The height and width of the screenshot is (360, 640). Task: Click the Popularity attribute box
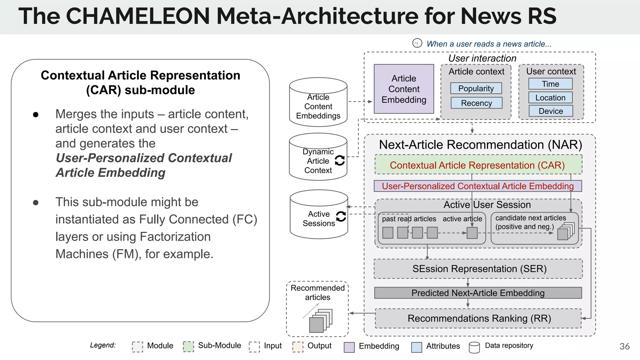476,88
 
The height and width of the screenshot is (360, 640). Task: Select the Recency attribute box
476,103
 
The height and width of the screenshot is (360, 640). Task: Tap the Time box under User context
550,84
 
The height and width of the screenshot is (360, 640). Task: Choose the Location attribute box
550,97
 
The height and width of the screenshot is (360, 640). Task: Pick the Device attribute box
551,111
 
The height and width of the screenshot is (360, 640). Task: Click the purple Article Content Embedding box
404,89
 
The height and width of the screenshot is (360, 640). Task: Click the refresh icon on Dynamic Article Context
340,160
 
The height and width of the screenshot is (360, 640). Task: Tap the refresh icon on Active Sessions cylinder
341,216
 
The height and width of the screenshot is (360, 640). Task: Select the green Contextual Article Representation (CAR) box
478,165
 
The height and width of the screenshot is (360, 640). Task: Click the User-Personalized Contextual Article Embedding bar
477,186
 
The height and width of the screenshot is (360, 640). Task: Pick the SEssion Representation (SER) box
478,269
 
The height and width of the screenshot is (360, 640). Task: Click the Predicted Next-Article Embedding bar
478,293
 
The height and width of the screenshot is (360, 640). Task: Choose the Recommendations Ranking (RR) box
478,318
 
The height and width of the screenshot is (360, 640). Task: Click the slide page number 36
624,346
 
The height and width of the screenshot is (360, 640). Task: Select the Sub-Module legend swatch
188,347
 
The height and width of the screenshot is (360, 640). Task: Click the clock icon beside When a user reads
417,43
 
